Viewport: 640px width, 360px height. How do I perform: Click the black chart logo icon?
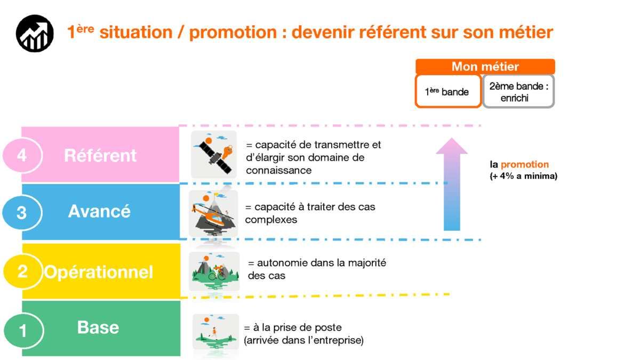point(35,34)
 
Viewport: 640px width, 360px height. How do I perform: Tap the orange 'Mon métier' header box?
point(485,67)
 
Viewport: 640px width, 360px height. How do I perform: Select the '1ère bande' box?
point(447,91)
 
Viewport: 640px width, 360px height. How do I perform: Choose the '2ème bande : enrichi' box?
point(518,91)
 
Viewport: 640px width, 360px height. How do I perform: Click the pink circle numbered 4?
point(22,155)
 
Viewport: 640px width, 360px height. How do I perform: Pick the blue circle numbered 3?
point(22,213)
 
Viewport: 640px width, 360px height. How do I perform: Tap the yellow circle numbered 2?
point(22,271)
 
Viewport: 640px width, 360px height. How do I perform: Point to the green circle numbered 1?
point(23,330)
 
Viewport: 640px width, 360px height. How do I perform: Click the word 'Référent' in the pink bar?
point(100,155)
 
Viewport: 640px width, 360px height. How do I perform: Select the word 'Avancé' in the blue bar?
point(99,211)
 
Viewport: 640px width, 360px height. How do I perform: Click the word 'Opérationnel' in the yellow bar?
point(99,272)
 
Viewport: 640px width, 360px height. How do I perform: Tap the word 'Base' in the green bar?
point(98,327)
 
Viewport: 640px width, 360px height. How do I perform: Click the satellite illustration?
point(214,154)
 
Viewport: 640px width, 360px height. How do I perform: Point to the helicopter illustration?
point(213,214)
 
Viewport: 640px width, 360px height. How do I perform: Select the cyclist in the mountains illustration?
point(214,271)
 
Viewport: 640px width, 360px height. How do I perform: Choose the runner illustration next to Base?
point(215,331)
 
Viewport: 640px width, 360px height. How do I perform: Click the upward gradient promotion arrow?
point(452,185)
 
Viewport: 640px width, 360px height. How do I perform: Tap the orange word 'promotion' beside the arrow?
point(525,165)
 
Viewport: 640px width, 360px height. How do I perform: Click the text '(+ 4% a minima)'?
point(523,176)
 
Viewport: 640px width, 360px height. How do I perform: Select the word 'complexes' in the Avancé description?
point(271,220)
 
